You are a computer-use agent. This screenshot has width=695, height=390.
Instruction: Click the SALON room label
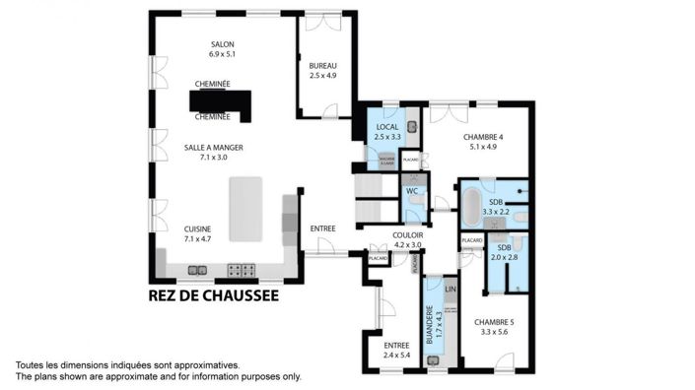click(224, 44)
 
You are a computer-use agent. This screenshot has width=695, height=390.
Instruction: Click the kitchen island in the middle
click(246, 210)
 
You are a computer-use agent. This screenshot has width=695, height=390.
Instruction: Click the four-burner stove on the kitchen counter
click(242, 268)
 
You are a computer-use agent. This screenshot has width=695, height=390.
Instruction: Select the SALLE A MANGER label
click(213, 147)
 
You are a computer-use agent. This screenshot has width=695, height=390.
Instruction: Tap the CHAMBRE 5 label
click(494, 322)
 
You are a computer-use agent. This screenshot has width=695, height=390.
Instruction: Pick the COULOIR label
click(407, 234)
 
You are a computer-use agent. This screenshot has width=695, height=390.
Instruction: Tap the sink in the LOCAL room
click(413, 126)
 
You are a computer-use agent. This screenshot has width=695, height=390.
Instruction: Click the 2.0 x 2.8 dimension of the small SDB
click(505, 257)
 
